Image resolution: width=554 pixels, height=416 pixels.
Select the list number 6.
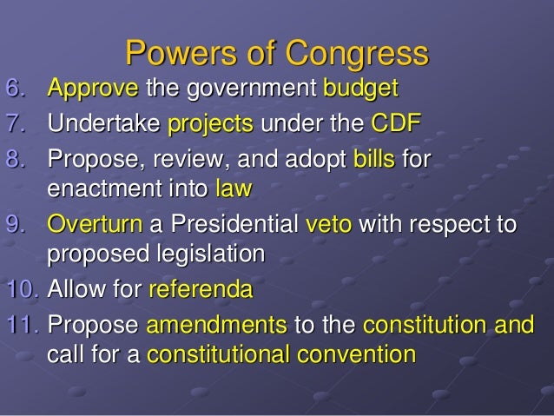coord(16,89)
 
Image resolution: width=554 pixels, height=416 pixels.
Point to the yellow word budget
coord(360,89)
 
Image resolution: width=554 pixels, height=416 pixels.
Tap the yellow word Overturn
coord(96,223)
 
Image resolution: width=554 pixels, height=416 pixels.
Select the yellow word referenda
coord(200,287)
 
